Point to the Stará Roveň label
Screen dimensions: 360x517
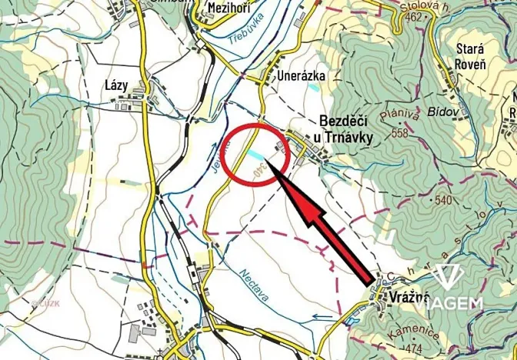[x=470, y=56]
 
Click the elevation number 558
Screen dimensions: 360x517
[x=399, y=133]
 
